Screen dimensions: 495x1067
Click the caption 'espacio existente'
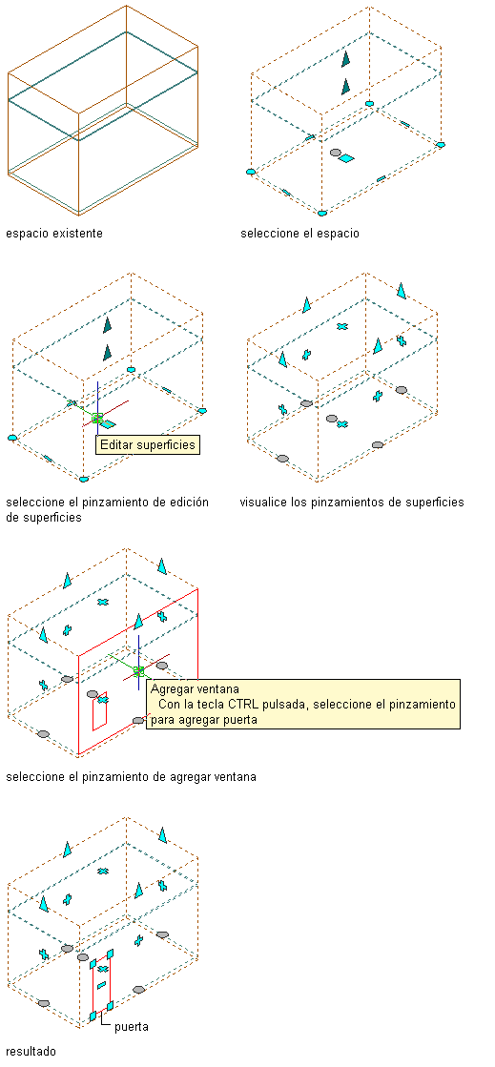54,234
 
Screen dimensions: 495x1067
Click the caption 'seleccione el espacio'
299,234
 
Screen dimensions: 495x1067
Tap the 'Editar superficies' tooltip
148,445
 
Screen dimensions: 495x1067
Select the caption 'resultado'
31,1052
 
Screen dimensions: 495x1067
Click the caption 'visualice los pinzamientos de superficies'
352,503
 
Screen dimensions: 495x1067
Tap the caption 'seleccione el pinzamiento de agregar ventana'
131,776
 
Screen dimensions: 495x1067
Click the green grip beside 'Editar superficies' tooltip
97,419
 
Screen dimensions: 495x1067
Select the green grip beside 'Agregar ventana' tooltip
139,671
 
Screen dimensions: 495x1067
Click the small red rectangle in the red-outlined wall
100,710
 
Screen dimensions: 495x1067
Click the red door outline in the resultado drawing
93,988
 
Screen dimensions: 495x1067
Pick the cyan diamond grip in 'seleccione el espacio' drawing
346,158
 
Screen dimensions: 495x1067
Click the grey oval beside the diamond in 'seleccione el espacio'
335,154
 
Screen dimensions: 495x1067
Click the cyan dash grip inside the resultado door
101,985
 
